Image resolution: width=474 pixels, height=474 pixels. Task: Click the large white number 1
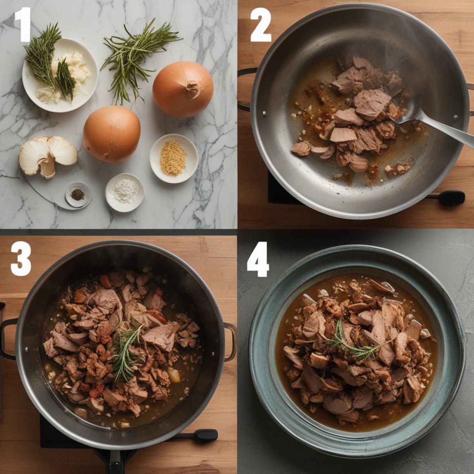23,24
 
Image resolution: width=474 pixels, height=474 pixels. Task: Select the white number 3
21,259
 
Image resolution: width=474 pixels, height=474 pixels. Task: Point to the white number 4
258,259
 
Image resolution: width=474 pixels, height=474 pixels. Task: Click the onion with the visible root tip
183,89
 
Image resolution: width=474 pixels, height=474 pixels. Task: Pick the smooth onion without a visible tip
112,134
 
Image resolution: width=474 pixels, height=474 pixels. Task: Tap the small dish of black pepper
78,194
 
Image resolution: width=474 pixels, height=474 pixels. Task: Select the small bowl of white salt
125,192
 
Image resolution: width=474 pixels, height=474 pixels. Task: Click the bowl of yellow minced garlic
174,158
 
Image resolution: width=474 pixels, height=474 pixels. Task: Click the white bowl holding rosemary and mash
60,75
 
